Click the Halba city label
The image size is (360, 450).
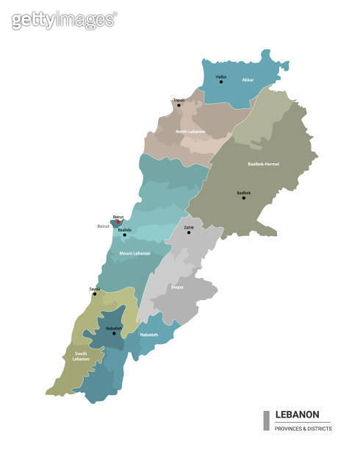tap(221, 76)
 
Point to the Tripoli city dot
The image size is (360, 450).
tap(177, 105)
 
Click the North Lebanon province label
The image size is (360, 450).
tap(190, 132)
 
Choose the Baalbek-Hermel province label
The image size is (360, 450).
tap(263, 163)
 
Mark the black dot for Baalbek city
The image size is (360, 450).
tap(244, 198)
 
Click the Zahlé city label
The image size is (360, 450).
tap(189, 228)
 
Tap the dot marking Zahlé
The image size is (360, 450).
tap(187, 234)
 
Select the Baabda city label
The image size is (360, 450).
tap(125, 229)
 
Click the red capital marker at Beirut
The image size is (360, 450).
tap(118, 222)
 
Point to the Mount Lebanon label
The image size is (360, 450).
tap(134, 253)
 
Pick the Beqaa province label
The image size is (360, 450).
tap(177, 287)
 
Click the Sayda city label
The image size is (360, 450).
tap(94, 289)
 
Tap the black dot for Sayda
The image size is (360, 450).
tap(94, 294)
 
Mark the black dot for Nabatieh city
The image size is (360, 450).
tap(114, 333)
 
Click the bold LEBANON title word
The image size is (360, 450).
tap(297, 415)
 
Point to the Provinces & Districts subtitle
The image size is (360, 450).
tap(303, 429)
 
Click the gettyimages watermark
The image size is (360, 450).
tap(64, 20)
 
